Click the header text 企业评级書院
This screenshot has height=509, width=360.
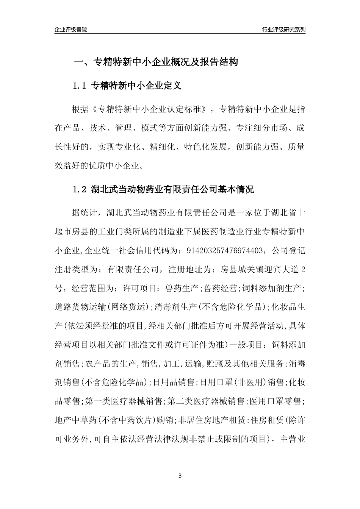coord(71,30)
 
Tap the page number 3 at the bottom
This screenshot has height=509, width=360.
coord(180,475)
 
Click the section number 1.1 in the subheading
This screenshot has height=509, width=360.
coord(80,86)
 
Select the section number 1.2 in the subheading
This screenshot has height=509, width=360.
coord(80,189)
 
